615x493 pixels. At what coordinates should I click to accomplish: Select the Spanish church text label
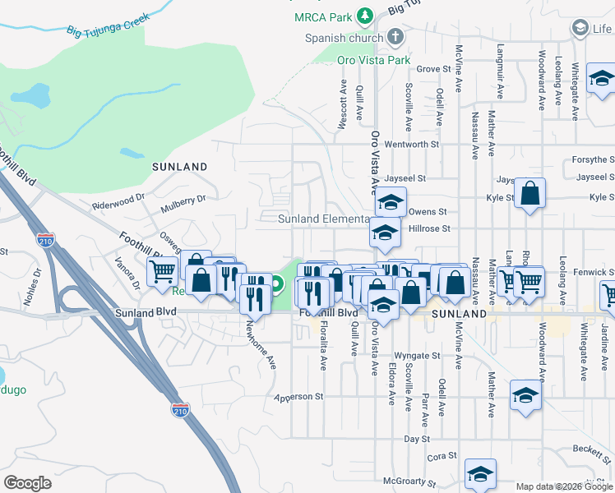344,38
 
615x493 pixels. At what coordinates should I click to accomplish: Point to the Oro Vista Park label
373,60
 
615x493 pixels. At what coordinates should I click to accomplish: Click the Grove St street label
435,69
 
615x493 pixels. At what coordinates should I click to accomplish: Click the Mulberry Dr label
183,199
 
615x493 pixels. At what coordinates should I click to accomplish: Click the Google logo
27,483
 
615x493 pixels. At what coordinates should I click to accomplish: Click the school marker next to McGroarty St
480,472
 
